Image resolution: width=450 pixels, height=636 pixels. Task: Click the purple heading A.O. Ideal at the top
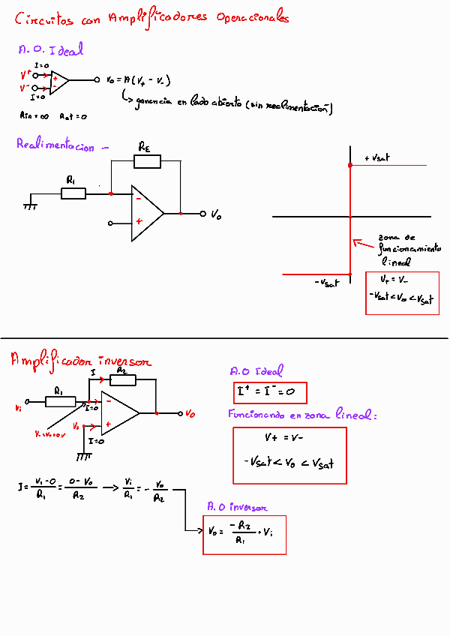[x=50, y=50]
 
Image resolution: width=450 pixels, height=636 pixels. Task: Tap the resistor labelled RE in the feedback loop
[x=145, y=160]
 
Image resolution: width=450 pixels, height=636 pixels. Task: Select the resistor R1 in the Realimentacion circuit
[x=73, y=193]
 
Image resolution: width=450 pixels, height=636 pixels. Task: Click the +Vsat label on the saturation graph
[x=376, y=158]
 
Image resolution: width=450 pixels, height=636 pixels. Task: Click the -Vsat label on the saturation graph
[x=327, y=283]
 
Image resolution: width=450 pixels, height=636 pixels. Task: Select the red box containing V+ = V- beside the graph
[x=401, y=292]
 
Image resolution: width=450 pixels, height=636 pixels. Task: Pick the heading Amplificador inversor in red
[x=80, y=361]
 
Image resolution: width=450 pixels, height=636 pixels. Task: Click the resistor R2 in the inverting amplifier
[x=123, y=379]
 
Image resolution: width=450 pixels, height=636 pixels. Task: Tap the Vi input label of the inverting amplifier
[x=18, y=408]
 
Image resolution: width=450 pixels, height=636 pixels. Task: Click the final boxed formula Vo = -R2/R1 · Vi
[x=244, y=535]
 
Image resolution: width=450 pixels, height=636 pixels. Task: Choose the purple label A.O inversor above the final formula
[x=237, y=508]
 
